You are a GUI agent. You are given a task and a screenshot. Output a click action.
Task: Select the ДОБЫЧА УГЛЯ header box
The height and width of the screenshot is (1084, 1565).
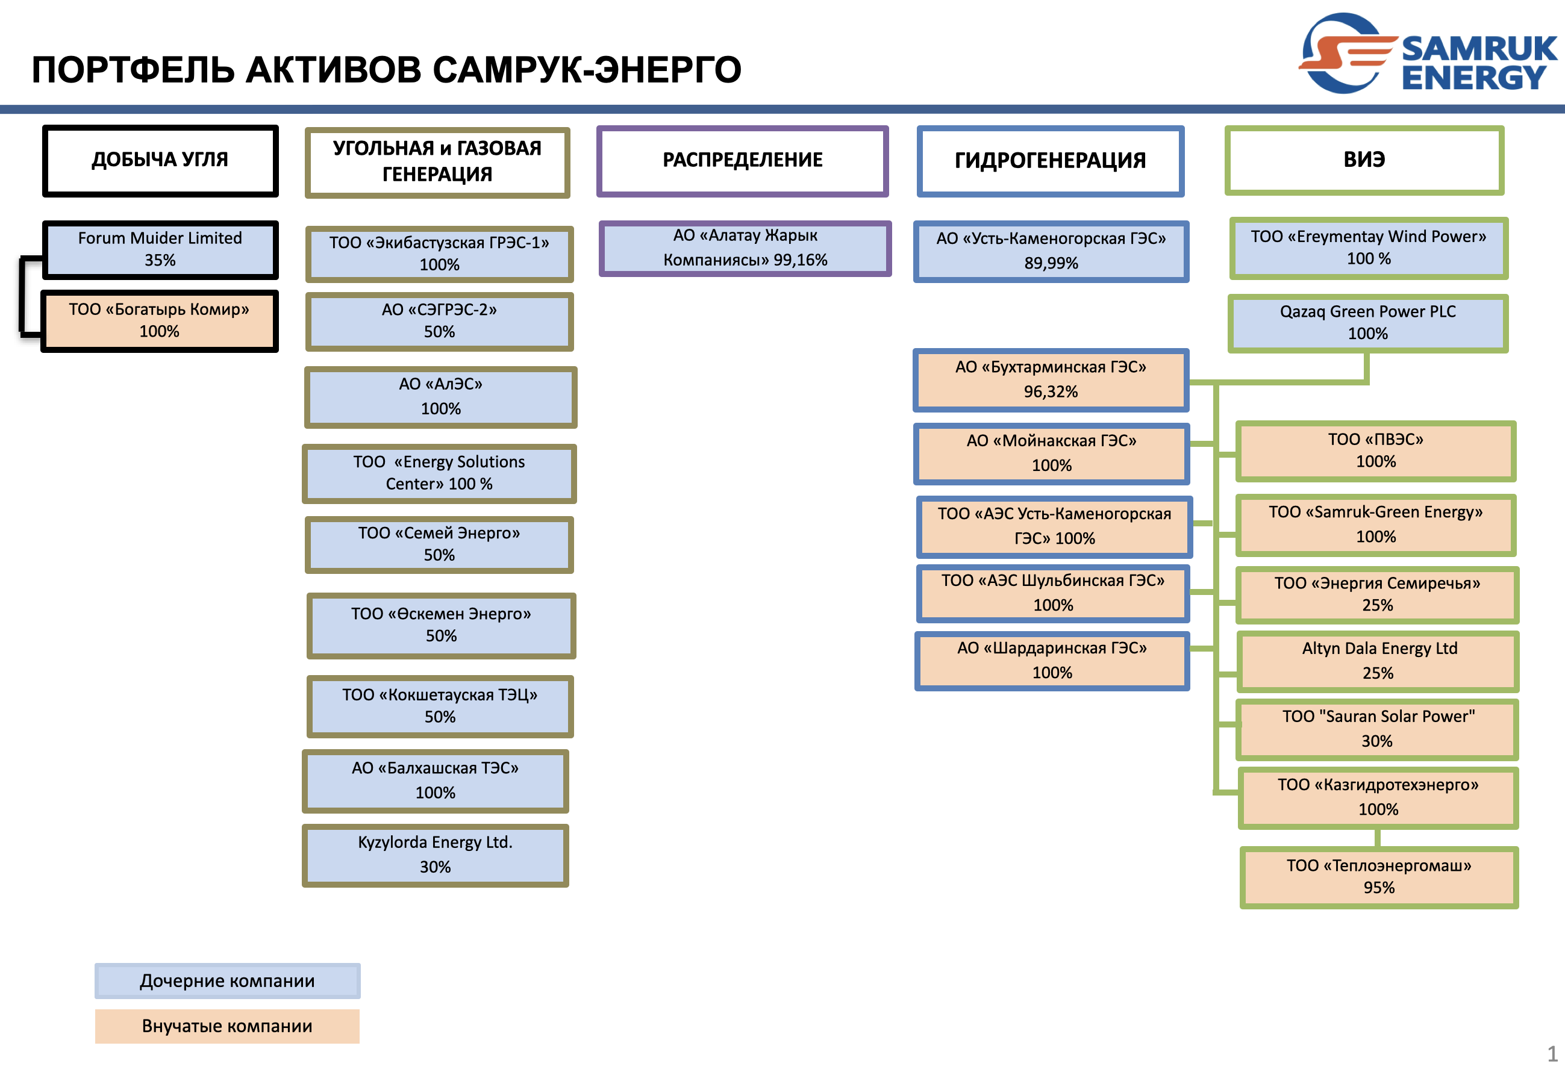(160, 160)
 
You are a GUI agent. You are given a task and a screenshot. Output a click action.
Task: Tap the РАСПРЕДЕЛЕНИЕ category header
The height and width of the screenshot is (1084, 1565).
(742, 160)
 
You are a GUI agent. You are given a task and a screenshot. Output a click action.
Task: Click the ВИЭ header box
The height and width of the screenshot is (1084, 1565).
(1364, 160)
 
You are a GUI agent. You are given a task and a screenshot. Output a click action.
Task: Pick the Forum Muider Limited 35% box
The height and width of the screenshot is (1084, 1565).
(160, 249)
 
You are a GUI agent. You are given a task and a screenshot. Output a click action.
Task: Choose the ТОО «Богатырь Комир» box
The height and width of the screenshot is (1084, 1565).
(160, 320)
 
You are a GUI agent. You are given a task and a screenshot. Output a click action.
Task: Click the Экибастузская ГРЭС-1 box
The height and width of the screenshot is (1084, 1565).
(440, 254)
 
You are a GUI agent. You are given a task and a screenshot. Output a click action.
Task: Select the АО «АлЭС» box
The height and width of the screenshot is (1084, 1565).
(441, 397)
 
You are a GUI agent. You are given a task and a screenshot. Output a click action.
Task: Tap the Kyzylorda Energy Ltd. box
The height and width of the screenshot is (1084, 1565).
(436, 855)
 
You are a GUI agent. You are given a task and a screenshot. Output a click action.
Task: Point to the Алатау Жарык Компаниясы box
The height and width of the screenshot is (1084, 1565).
(745, 248)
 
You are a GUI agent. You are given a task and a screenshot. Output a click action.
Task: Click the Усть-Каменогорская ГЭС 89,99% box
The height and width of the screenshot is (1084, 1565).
(1051, 251)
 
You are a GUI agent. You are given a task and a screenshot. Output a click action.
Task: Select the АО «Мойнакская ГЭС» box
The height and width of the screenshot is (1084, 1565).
(1052, 453)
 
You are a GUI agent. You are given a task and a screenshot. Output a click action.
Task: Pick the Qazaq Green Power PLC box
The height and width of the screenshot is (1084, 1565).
(1368, 323)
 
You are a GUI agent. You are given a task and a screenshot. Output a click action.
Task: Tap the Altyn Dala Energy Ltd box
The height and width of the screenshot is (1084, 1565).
(1378, 661)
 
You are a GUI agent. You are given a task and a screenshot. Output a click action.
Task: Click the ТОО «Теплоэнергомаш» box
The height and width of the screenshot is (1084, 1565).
(1379, 876)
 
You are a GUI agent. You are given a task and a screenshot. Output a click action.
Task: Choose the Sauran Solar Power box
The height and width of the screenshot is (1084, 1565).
(1378, 729)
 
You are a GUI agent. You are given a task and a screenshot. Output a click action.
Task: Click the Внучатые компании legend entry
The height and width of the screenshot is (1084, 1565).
(227, 1026)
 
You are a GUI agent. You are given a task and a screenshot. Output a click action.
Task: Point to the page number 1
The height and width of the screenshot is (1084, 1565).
(1552, 1053)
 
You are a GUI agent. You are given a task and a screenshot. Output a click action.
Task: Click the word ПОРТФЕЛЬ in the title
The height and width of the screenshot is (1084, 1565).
(133, 70)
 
